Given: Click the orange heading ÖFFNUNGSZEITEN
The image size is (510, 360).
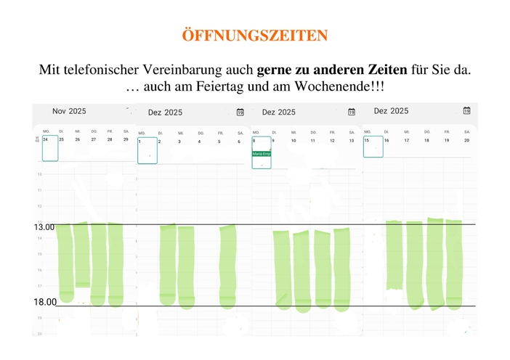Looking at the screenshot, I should (255, 36).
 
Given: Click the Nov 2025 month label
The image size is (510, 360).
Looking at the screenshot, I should (69, 111).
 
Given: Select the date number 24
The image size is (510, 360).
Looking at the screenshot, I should (46, 139).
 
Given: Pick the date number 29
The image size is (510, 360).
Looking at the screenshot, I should (126, 139).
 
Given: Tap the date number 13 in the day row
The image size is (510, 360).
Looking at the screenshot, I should (352, 141).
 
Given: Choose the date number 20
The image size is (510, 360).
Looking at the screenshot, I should (466, 140).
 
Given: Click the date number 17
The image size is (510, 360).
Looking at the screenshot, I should (407, 140).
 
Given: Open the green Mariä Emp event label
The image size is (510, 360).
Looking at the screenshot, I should (262, 154).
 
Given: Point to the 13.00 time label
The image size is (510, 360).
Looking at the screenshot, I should (44, 227).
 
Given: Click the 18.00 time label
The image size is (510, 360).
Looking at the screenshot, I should (45, 302).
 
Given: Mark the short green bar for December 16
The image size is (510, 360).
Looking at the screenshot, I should (394, 254).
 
